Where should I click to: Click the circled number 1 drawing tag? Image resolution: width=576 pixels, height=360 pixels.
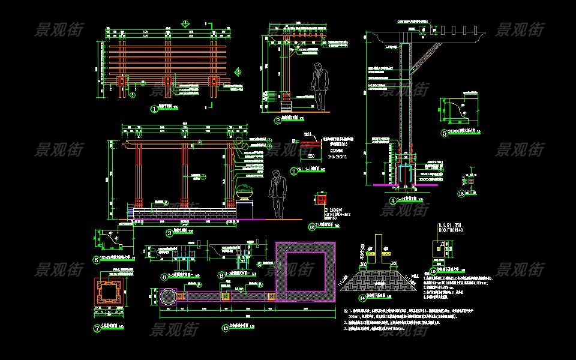(154, 109)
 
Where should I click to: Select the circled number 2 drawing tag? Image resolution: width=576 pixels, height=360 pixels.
(278, 120)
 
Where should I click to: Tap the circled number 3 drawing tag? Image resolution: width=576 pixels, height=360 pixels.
(169, 233)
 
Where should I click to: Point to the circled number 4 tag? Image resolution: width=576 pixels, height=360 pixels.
(393, 200)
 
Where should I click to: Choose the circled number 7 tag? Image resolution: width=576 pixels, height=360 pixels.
(97, 328)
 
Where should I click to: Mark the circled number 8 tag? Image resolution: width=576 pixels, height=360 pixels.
(164, 277)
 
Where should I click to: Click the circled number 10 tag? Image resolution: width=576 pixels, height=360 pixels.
(225, 328)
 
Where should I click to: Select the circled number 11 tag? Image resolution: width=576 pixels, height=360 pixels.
(294, 170)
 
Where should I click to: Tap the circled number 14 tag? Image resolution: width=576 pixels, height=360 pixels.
(362, 298)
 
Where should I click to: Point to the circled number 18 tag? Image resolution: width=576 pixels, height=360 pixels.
(461, 193)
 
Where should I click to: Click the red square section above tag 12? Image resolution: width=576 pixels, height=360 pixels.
(322, 199)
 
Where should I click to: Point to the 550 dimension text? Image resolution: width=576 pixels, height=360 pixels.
(312, 156)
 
